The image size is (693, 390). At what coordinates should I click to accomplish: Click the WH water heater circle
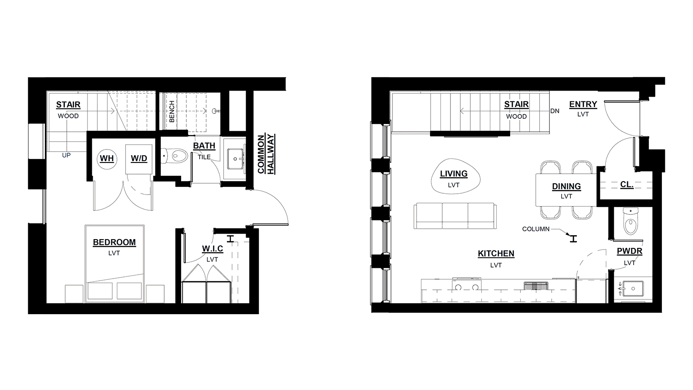pyautogui.click(x=107, y=159)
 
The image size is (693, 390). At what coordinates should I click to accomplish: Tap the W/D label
pyautogui.click(x=139, y=159)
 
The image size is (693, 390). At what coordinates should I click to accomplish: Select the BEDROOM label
pyautogui.click(x=114, y=242)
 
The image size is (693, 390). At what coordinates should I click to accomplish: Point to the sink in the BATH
pyautogui.click(x=236, y=159)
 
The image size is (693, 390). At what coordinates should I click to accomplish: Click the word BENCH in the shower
pyautogui.click(x=172, y=111)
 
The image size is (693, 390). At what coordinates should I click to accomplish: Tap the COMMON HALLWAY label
pyautogui.click(x=266, y=154)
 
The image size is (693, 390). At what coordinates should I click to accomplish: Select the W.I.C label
pyautogui.click(x=213, y=249)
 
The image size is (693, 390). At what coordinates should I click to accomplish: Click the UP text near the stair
pyautogui.click(x=66, y=155)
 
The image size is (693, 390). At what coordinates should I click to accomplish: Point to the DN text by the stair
pyautogui.click(x=555, y=111)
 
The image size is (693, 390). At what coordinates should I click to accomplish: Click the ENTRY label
pyautogui.click(x=583, y=104)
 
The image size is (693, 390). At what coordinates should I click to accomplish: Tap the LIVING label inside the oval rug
pyautogui.click(x=454, y=174)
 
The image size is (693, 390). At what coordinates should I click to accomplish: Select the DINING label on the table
pyautogui.click(x=567, y=186)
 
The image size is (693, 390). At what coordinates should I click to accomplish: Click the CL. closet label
pyautogui.click(x=627, y=185)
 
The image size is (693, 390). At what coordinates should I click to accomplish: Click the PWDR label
pyautogui.click(x=630, y=251)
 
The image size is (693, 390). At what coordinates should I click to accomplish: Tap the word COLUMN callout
pyautogui.click(x=536, y=229)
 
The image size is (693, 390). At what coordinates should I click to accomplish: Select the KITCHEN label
pyautogui.click(x=496, y=253)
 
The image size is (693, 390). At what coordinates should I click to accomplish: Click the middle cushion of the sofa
pyautogui.click(x=455, y=216)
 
